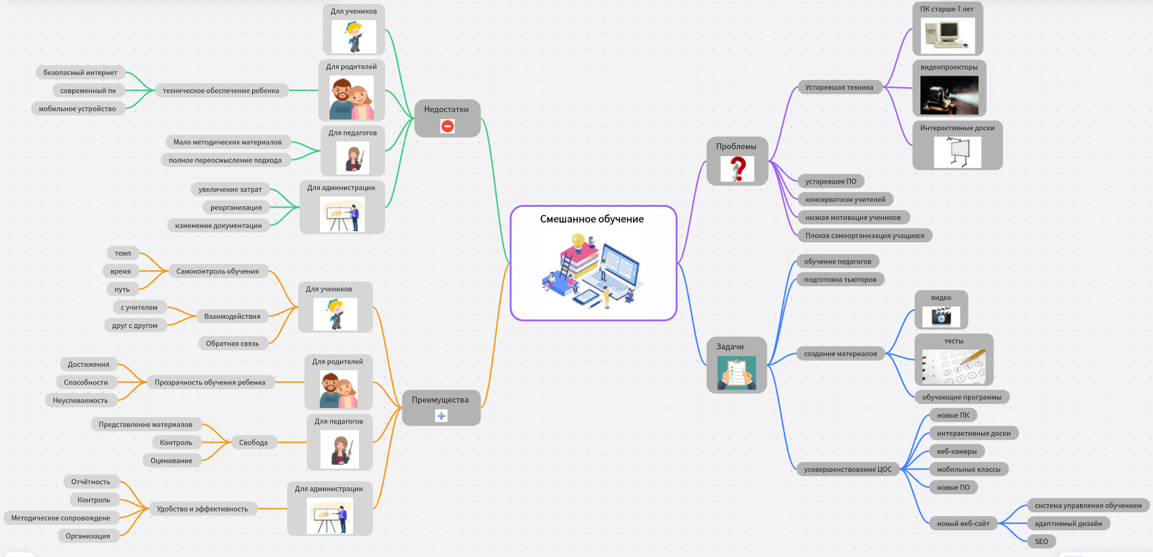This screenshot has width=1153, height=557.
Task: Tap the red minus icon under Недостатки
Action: tap(448, 126)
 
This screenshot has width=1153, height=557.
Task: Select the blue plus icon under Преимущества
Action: tap(441, 416)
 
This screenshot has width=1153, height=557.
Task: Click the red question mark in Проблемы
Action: tap(737, 169)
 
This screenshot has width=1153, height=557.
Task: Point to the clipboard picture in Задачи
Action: tap(737, 374)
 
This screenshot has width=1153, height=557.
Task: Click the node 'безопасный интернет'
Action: tap(80, 73)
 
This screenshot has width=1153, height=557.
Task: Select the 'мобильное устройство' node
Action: tap(78, 109)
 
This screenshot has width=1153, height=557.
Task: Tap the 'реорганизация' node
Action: tap(236, 208)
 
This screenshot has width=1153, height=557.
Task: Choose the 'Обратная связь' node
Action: tap(233, 344)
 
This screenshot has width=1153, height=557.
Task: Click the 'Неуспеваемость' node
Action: tap(80, 400)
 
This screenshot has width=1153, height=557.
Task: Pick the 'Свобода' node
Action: tap(253, 442)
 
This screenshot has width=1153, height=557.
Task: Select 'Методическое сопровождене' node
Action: tap(61, 518)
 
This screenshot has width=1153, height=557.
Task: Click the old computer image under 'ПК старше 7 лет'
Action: tap(948, 34)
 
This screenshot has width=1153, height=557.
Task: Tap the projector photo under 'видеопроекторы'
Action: tap(949, 95)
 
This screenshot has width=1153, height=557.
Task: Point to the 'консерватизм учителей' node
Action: tap(845, 200)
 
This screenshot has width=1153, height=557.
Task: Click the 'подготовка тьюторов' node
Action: tap(840, 280)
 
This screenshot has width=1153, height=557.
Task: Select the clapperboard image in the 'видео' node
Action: tap(941, 317)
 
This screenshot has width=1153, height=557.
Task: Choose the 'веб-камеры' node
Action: tap(957, 452)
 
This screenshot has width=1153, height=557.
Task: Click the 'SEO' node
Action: tap(1042, 541)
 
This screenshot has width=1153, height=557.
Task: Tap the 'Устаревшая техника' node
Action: tap(839, 87)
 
